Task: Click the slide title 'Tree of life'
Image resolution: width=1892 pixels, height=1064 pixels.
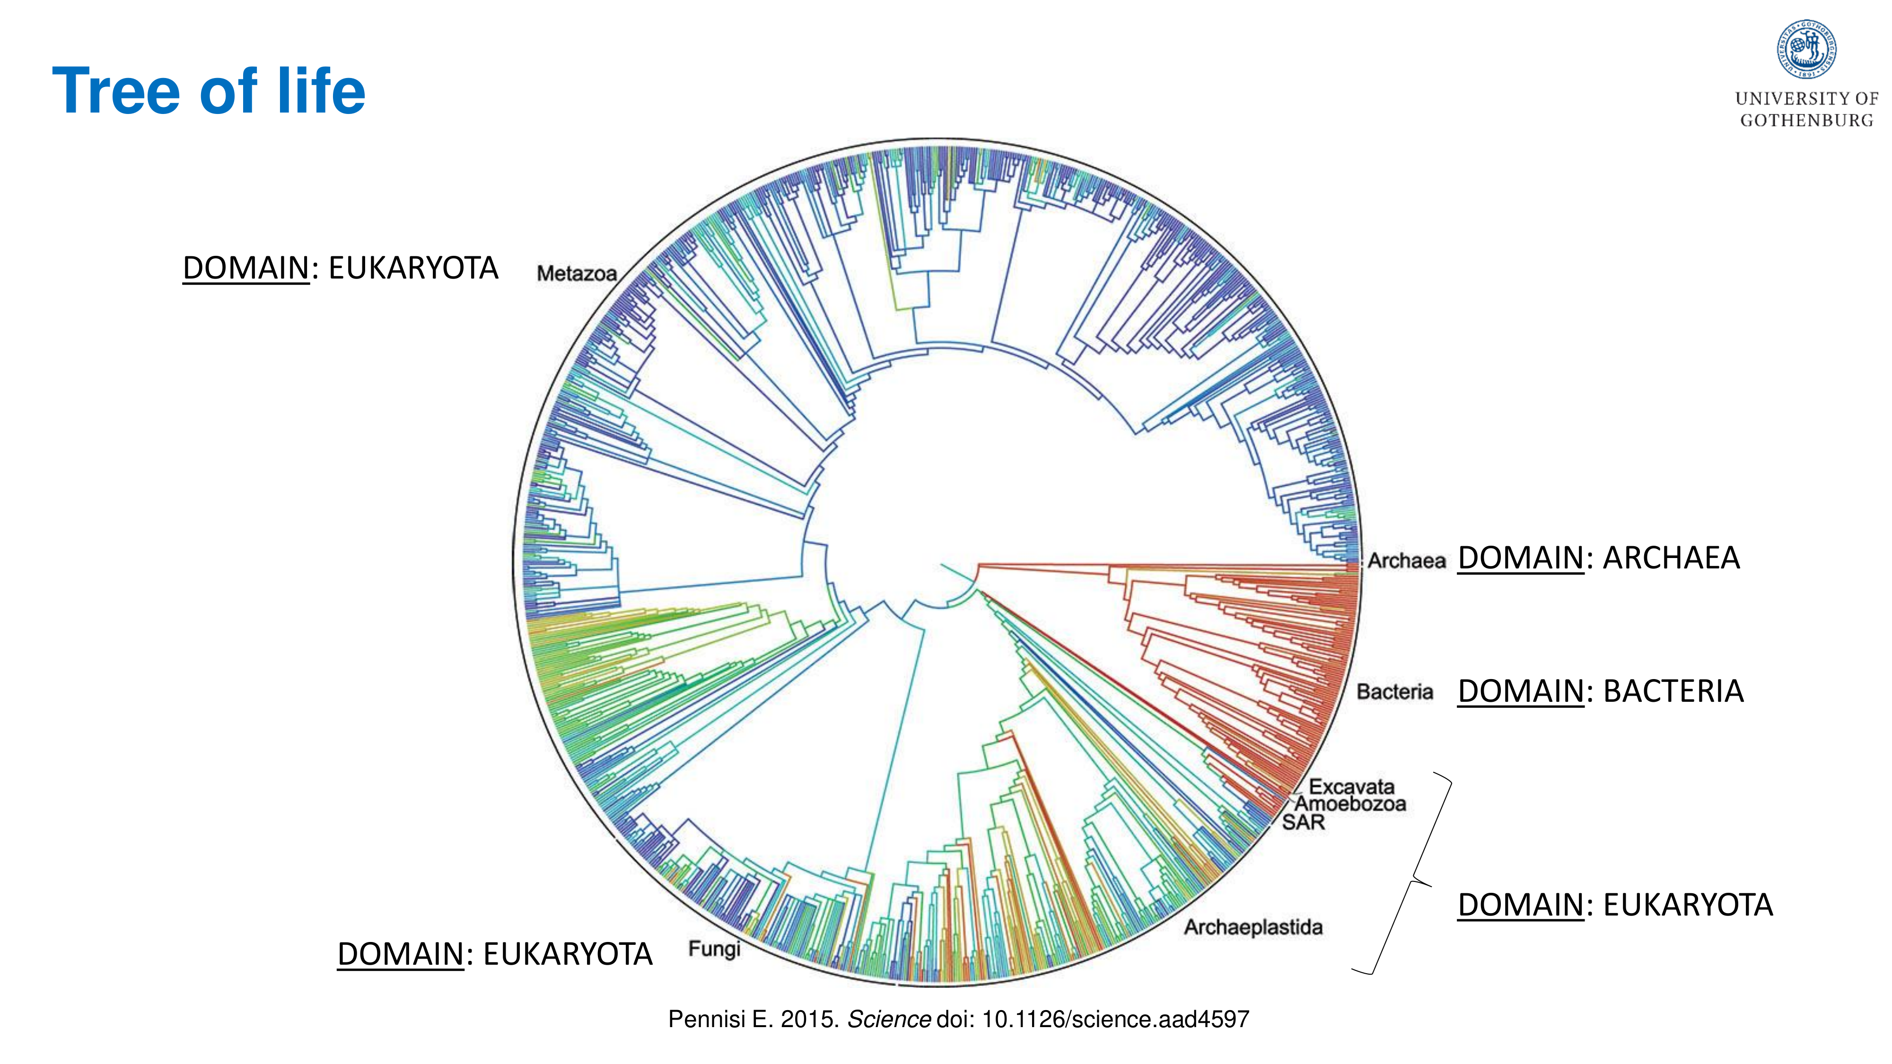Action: click(x=209, y=91)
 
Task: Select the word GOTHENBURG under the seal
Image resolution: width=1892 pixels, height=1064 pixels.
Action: click(x=1807, y=121)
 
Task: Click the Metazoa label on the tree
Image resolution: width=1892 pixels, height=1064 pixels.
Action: click(x=577, y=274)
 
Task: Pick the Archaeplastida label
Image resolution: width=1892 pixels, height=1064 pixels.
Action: click(x=1253, y=927)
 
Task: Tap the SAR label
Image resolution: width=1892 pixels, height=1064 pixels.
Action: click(x=1304, y=822)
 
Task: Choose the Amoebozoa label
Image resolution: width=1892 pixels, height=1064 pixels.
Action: click(x=1350, y=804)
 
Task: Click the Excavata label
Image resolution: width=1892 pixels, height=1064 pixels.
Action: click(x=1351, y=786)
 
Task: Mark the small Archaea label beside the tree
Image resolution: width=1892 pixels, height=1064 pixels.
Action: click(x=1406, y=561)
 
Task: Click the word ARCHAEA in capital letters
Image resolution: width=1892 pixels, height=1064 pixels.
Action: click(x=1671, y=558)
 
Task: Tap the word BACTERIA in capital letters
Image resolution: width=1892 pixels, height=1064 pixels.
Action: click(x=1673, y=692)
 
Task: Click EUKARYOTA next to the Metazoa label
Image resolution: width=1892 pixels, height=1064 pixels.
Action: click(x=413, y=268)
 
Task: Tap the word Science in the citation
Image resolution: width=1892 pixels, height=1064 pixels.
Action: click(x=889, y=1019)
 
